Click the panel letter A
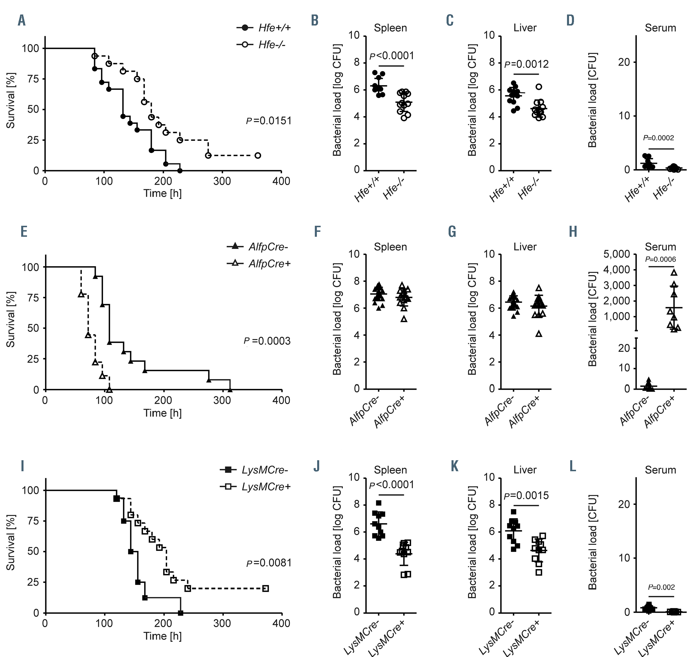pyautogui.click(x=21, y=20)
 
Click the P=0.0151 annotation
pyautogui.click(x=269, y=121)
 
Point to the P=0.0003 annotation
pyautogui.click(x=267, y=341)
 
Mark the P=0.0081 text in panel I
pyautogui.click(x=269, y=563)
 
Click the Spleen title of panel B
pyautogui.click(x=390, y=28)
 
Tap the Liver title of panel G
pyautogui.click(x=525, y=247)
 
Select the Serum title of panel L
pyautogui.click(x=660, y=470)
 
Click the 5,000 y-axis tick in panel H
pyautogui.click(x=617, y=254)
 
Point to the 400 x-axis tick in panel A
pyautogui.click(x=281, y=181)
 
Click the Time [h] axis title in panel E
pyautogui.click(x=162, y=413)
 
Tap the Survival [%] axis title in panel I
pyautogui.click(x=10, y=543)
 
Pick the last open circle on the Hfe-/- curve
pyautogui.click(x=258, y=156)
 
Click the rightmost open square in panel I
pyautogui.click(x=266, y=588)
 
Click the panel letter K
pyautogui.click(x=454, y=467)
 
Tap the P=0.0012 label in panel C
pyautogui.click(x=526, y=64)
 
